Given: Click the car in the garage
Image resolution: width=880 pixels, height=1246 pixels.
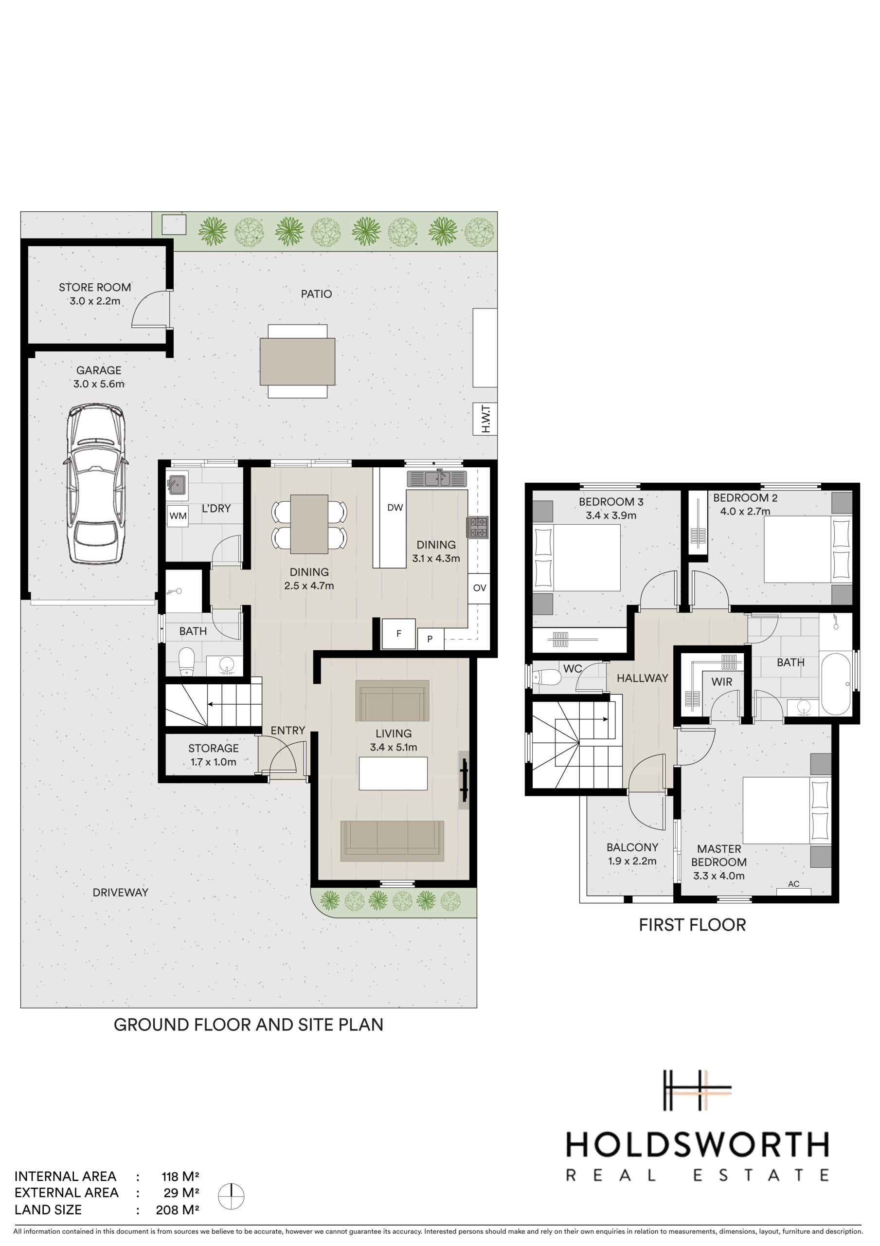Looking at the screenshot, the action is pyautogui.click(x=96, y=484).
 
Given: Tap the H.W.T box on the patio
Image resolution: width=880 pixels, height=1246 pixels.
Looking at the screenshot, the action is pyautogui.click(x=485, y=419).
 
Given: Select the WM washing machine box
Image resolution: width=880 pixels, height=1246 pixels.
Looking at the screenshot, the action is pyautogui.click(x=178, y=515).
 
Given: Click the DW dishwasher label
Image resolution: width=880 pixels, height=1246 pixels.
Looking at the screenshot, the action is pyautogui.click(x=395, y=508).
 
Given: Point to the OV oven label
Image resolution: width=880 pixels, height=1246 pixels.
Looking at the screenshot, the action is pyautogui.click(x=480, y=588).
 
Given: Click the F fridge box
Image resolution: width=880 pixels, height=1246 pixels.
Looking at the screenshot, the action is pyautogui.click(x=399, y=633).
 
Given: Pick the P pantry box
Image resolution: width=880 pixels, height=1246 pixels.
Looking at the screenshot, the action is pyautogui.click(x=430, y=639).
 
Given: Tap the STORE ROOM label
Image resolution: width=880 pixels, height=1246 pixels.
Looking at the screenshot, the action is pyautogui.click(x=95, y=287).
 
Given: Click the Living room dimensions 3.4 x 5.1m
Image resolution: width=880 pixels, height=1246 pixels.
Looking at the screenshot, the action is pyautogui.click(x=394, y=747).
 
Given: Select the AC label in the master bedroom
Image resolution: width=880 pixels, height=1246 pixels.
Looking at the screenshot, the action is pyautogui.click(x=794, y=883).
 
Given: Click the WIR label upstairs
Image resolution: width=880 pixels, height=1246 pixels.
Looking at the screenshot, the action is pyautogui.click(x=721, y=681).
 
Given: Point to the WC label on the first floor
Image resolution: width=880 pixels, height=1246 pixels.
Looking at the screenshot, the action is pyautogui.click(x=573, y=669).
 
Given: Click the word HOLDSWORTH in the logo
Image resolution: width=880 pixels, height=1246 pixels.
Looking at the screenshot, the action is pyautogui.click(x=697, y=1145).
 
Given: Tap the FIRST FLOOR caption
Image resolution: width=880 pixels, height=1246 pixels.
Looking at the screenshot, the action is pyautogui.click(x=692, y=925).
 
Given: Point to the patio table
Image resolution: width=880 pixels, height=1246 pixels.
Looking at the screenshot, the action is pyautogui.click(x=297, y=362).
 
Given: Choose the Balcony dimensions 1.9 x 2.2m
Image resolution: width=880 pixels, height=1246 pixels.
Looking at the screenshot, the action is pyautogui.click(x=632, y=861).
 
